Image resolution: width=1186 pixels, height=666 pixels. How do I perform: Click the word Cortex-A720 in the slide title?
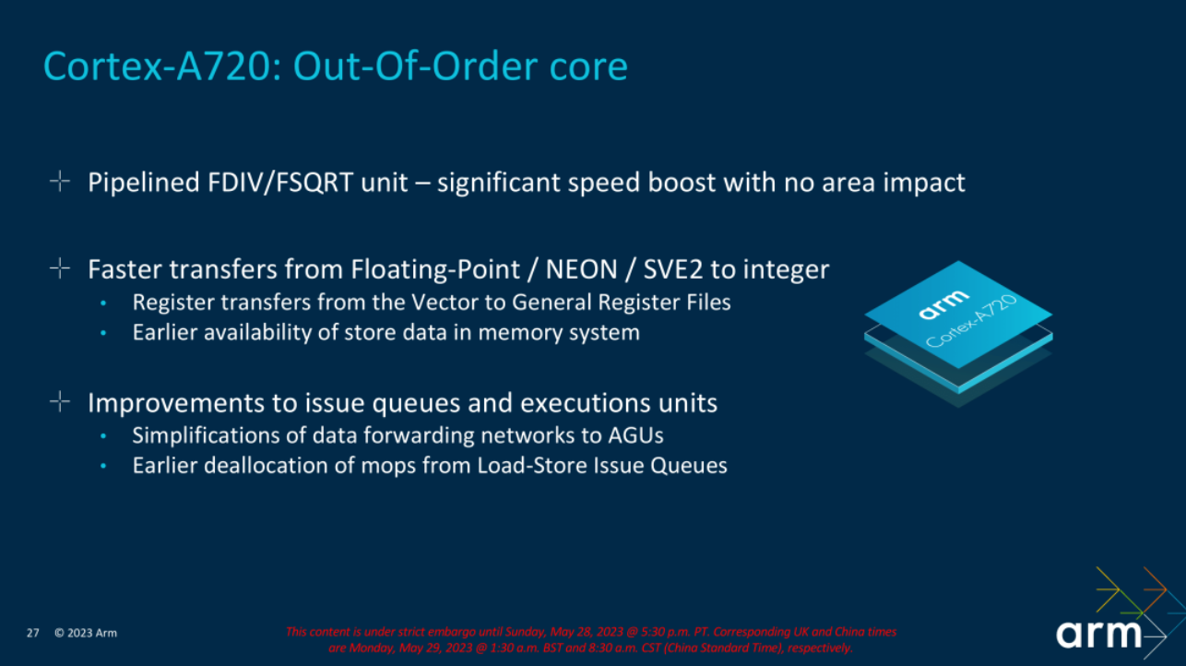tap(152, 66)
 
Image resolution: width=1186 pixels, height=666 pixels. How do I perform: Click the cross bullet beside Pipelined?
tap(60, 182)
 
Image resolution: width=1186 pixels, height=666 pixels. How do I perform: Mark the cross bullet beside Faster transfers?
tap(60, 269)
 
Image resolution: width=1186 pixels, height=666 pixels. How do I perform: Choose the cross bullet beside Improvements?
tap(60, 402)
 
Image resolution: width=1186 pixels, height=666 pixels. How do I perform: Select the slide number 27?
tap(32, 633)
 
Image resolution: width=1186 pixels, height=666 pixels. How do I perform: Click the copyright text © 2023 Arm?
tap(86, 633)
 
